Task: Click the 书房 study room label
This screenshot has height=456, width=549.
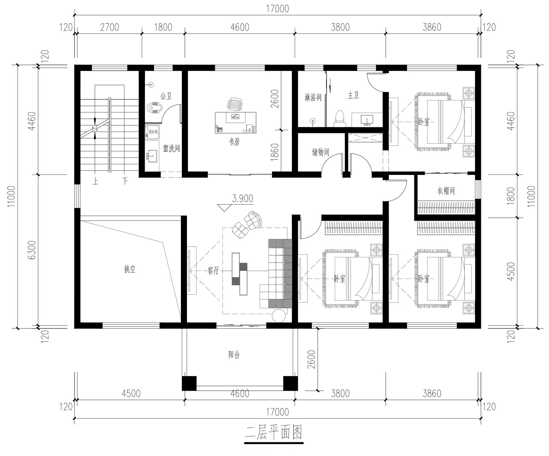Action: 234,142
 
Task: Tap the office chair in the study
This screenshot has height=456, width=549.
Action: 235,104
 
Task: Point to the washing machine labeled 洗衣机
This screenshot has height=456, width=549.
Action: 152,131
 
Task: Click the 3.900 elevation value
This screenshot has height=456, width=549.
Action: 242,199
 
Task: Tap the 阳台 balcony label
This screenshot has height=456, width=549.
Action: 234,355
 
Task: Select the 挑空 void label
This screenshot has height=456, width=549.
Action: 130,269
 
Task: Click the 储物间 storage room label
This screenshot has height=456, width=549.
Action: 320,152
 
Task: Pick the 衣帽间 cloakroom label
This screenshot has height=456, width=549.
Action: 446,191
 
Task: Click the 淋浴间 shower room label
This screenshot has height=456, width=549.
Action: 313,98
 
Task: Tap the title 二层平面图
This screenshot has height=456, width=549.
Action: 273,432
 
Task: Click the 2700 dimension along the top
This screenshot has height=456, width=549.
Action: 109,27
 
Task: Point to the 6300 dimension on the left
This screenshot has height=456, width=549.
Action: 32,250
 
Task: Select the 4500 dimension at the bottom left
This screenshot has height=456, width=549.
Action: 131,393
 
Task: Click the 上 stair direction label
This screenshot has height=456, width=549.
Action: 95,181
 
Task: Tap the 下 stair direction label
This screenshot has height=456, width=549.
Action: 125,181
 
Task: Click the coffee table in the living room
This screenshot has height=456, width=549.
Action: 239,274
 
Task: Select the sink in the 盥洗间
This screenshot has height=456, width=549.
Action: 152,156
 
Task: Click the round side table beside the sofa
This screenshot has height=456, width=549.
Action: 279,316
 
